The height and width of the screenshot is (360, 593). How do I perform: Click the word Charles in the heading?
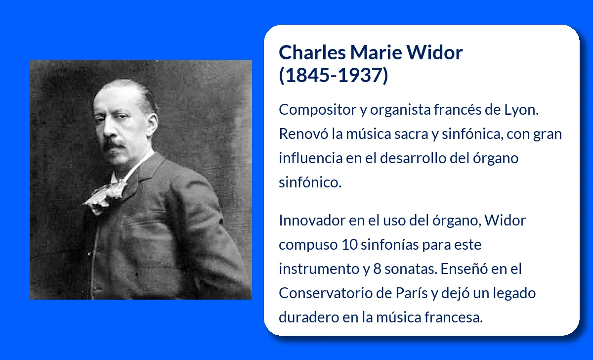(x=312, y=52)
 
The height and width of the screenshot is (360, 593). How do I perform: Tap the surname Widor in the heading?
(x=435, y=52)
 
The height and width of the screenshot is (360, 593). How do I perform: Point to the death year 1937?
(x=361, y=75)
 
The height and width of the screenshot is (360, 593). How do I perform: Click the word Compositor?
(x=317, y=110)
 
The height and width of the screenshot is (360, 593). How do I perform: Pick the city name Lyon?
(x=521, y=110)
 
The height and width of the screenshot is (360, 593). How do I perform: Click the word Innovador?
(x=312, y=221)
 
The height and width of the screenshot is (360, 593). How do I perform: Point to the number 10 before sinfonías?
(x=349, y=244)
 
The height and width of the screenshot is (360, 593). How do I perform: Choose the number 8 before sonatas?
(x=377, y=269)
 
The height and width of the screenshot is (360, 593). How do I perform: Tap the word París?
(x=412, y=293)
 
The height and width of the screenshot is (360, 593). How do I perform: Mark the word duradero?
(x=309, y=317)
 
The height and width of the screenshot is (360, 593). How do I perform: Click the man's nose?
(x=109, y=130)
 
